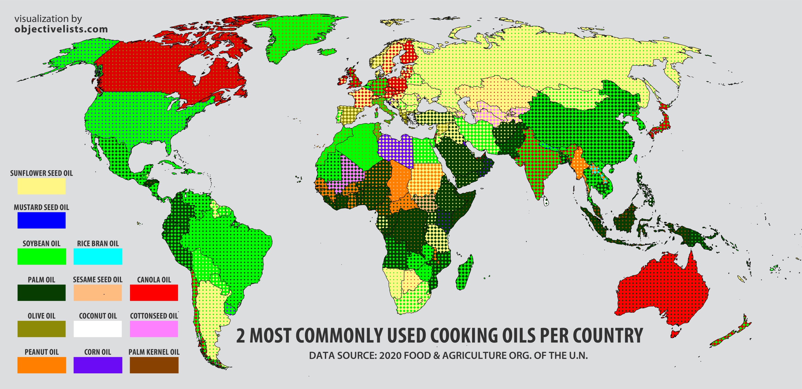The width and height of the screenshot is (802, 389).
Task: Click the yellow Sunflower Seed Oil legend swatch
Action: click(41, 186)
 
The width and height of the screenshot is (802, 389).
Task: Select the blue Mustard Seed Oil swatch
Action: click(41, 220)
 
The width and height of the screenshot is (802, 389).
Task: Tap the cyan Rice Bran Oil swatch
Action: click(98, 256)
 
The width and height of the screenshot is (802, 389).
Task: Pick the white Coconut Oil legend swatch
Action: click(98, 329)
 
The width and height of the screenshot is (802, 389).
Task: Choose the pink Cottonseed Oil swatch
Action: click(154, 329)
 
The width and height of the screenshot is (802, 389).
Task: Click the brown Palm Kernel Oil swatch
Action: click(154, 365)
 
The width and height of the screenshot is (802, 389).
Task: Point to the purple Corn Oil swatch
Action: click(98, 365)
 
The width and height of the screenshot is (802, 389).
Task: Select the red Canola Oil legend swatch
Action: click(154, 292)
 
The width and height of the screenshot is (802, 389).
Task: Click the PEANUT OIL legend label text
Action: click(41, 352)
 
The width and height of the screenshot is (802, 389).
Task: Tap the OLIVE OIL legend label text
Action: click(41, 316)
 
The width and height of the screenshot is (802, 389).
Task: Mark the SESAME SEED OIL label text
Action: click(98, 280)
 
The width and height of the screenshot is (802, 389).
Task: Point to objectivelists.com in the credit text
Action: click(61, 29)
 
